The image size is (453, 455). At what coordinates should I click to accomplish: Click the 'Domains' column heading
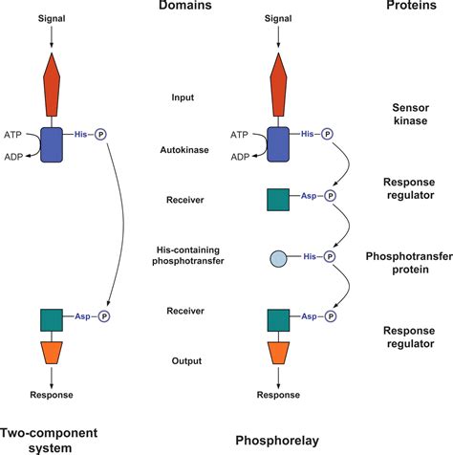(182, 9)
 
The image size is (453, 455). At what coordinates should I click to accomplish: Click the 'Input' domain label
(182, 97)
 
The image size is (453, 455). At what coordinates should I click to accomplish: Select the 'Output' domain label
(182, 360)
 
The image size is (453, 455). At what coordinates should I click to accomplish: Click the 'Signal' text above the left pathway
(51, 18)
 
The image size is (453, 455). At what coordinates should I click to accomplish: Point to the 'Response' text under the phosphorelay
(277, 395)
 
